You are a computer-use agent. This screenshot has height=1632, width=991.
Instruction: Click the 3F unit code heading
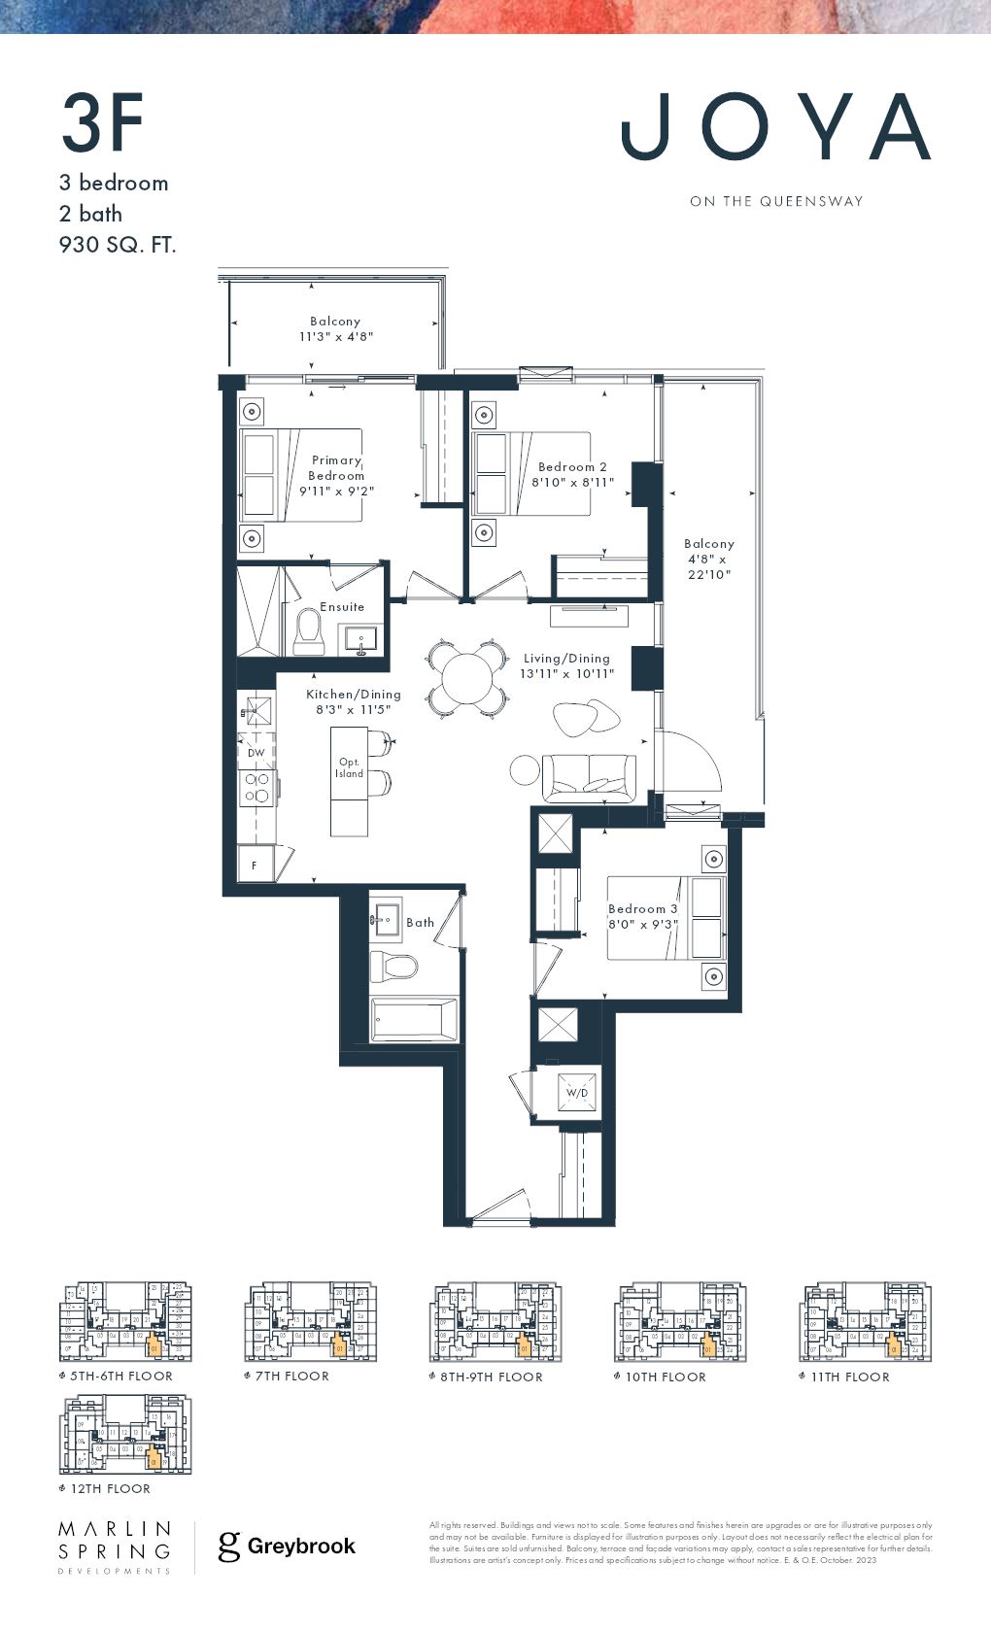[103, 124]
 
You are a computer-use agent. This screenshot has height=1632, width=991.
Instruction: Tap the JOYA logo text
[775, 127]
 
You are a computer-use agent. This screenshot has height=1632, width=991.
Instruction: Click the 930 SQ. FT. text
[118, 245]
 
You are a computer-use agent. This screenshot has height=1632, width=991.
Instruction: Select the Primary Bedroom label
[336, 468]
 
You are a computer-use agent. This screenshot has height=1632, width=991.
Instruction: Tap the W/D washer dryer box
[577, 1093]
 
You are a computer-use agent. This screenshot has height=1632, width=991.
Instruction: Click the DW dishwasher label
[256, 753]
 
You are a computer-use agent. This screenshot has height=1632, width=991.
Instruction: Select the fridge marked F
[256, 864]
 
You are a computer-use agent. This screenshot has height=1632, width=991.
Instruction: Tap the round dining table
[467, 678]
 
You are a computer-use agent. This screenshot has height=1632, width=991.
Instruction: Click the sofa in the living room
[589, 778]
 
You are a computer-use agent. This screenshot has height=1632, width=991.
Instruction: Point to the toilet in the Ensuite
[310, 629]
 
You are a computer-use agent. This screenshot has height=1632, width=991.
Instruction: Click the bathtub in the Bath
[414, 1020]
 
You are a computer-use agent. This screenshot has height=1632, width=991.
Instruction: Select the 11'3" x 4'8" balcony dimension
[336, 336]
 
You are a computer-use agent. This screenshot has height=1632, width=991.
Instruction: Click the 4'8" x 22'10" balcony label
[709, 560]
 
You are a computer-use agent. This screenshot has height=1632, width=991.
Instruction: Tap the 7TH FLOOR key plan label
[291, 1377]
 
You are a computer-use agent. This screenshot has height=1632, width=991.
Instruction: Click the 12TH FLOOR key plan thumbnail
[125, 1436]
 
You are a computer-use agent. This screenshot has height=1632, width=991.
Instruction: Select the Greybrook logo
[287, 1546]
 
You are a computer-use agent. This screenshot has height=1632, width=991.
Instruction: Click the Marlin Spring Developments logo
[115, 1547]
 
